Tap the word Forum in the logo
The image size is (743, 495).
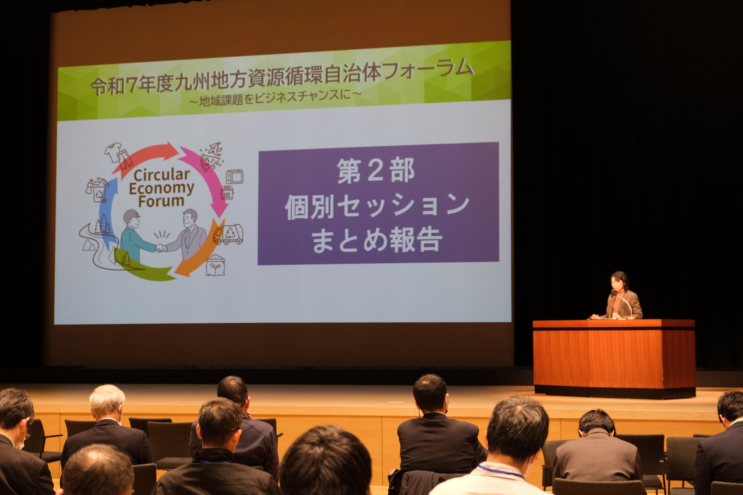tap(161, 201)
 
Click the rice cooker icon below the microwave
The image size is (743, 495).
tap(227, 192)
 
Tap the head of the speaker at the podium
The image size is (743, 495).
tap(618, 281)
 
